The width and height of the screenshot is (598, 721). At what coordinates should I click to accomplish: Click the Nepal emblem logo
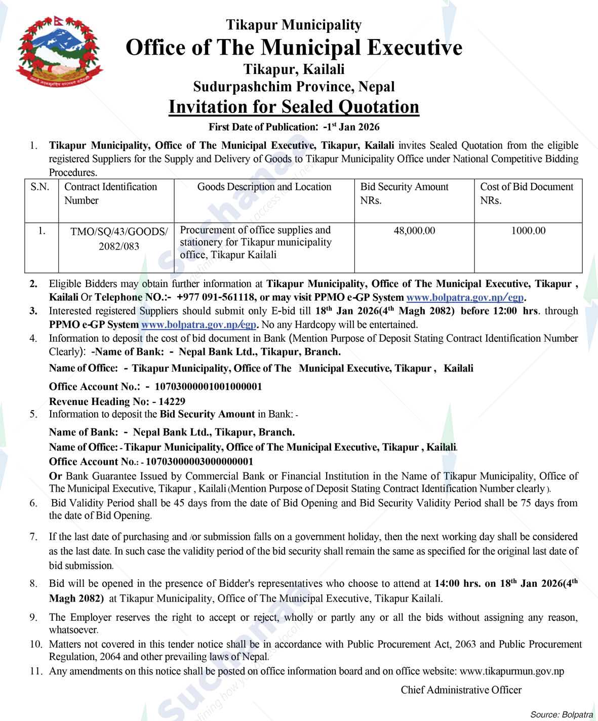(x=59, y=53)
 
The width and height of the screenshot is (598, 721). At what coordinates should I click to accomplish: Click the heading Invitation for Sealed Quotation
(x=294, y=107)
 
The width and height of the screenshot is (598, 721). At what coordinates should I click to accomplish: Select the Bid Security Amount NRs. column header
(x=404, y=193)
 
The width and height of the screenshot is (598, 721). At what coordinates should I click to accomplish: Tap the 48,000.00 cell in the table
(x=414, y=231)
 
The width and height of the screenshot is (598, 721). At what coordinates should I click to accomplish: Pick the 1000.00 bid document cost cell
(x=528, y=231)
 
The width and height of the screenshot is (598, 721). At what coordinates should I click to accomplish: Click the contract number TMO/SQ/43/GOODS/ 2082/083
(x=119, y=239)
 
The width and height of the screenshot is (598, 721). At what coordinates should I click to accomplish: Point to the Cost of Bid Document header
(x=527, y=193)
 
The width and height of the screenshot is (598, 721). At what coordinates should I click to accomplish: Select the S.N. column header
(x=40, y=187)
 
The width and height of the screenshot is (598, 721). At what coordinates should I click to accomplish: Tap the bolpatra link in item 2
(x=465, y=297)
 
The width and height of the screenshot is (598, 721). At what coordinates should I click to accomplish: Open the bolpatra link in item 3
(x=199, y=325)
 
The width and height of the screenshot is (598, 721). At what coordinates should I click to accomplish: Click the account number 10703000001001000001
(x=208, y=387)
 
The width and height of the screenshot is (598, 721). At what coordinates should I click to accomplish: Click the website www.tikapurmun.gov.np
(x=512, y=671)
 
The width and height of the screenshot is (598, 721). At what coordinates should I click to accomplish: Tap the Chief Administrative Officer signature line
(x=461, y=690)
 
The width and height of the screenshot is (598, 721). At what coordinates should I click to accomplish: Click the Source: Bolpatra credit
(x=562, y=714)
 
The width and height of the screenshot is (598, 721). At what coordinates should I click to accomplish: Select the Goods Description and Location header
(x=264, y=187)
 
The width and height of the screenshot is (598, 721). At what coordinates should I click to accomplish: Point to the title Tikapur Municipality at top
(x=294, y=25)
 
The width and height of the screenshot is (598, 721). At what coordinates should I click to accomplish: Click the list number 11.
(x=35, y=671)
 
